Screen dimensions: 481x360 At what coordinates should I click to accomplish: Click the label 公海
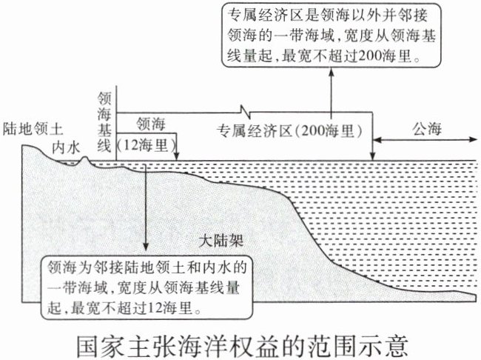pyautogui.click(x=424, y=128)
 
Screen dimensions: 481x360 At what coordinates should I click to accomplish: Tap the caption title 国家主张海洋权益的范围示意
pyautogui.click(x=241, y=343)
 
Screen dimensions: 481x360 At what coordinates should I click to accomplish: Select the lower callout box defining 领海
pyautogui.click(x=147, y=284)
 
